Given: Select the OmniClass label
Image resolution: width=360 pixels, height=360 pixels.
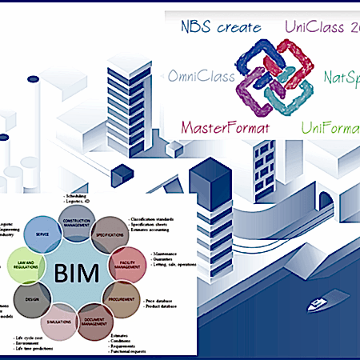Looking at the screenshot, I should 201,77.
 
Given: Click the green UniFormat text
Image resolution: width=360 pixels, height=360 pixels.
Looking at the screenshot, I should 329,127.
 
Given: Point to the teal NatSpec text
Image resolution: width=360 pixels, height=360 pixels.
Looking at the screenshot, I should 341,78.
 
